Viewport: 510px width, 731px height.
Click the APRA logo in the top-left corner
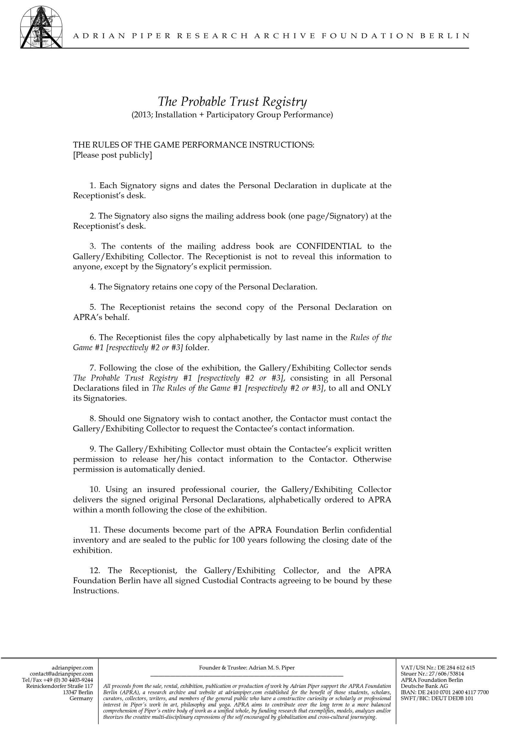click(x=41, y=27)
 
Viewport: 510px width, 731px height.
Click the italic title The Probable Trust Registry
click(x=232, y=102)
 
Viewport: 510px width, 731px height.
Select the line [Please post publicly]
click(x=112, y=155)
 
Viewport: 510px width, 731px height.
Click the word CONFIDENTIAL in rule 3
click(x=329, y=246)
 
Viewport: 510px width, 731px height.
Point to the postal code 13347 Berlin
click(x=78, y=692)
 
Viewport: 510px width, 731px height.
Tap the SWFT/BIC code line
click(x=437, y=698)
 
